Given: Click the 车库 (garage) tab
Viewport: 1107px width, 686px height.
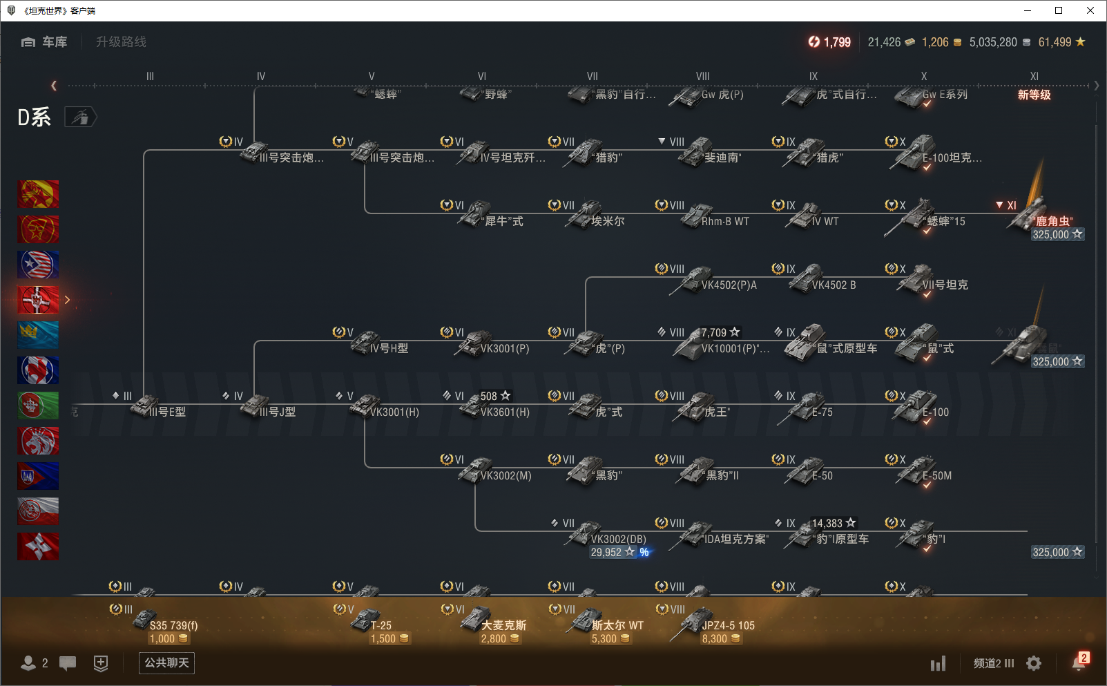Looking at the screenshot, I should (45, 42).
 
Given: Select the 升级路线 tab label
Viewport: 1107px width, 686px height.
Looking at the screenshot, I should (121, 42).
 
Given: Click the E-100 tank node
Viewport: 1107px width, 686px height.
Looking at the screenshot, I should (918, 407).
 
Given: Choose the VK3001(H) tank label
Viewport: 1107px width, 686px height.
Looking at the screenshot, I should (394, 412).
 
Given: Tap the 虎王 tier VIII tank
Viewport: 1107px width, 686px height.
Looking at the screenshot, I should (699, 408).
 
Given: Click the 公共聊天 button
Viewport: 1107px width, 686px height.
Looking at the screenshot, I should (166, 663).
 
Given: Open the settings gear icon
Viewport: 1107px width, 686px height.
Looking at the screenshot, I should (1033, 663).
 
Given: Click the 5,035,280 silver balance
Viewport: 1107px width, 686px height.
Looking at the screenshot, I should (992, 42).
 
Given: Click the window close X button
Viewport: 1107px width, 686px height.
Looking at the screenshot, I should (1090, 10).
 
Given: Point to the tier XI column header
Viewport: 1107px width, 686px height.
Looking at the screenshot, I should (1034, 77).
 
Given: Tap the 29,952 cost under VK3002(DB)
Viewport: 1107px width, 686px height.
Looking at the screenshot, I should (606, 553).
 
